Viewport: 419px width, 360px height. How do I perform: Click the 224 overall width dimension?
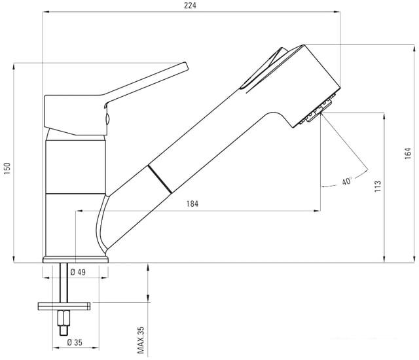(189, 6)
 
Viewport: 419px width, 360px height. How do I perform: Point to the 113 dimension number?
(377, 187)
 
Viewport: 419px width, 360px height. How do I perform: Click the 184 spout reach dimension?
(192, 204)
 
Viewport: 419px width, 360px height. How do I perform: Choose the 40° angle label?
(347, 181)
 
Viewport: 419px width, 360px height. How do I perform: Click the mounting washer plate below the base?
(64, 305)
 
